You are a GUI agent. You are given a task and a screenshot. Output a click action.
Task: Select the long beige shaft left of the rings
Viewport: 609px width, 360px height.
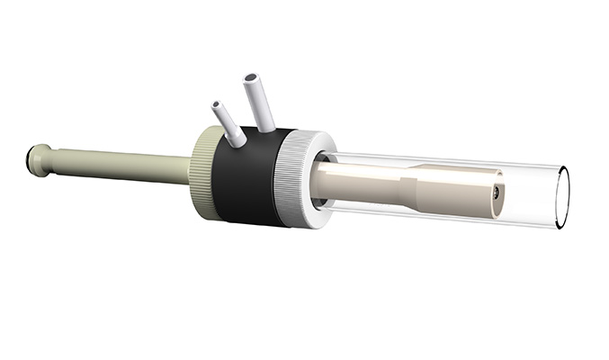pos(126,165)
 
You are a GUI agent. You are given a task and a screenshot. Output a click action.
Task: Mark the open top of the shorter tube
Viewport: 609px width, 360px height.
pos(217,105)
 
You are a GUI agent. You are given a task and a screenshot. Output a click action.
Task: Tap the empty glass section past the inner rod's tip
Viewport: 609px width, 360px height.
pos(531,196)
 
